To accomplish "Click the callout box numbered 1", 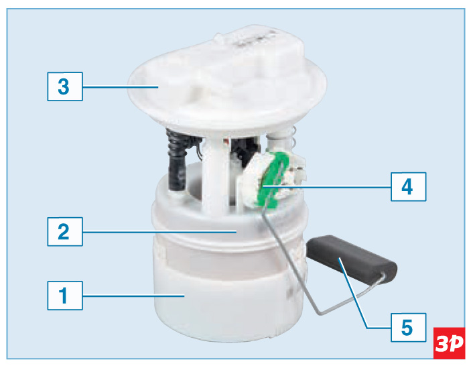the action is click(65, 296).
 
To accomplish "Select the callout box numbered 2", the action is click(65, 231).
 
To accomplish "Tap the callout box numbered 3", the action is click(65, 86).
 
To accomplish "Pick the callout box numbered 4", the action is click(409, 186).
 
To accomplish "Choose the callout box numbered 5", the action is click(409, 328).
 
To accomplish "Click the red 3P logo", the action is click(449, 343).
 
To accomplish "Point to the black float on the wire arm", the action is click(352, 257).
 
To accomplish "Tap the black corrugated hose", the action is click(177, 160).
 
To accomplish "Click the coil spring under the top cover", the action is click(293, 137).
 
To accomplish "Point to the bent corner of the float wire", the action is click(319, 313).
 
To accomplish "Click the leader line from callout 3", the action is click(121, 87).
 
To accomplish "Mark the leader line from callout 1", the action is click(133, 296).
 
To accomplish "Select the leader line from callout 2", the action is click(159, 232).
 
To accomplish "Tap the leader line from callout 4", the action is click(327, 187).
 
